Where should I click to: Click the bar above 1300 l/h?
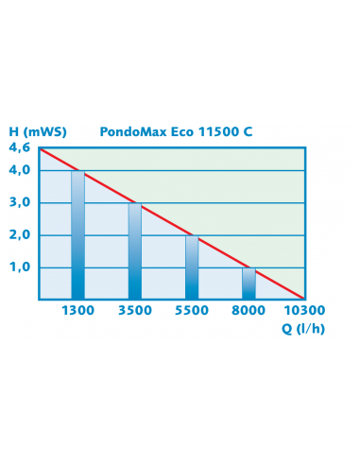click(x=77, y=234)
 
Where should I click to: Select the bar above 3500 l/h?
click(x=134, y=250)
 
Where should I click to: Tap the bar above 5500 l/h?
click(x=192, y=267)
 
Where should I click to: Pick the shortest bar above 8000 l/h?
click(x=249, y=283)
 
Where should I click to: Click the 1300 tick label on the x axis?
click(x=77, y=311)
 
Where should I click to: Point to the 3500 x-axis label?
click(x=134, y=311)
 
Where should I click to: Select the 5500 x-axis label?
click(x=192, y=311)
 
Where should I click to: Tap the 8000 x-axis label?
click(x=249, y=311)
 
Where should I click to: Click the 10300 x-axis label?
click(x=305, y=311)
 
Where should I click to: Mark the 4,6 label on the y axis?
click(x=19, y=147)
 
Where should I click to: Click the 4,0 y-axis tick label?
click(x=20, y=170)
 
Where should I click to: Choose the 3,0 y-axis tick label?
click(x=20, y=202)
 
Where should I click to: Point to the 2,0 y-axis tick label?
click(x=20, y=234)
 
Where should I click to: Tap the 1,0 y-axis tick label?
click(x=20, y=267)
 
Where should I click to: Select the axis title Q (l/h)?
click(x=303, y=328)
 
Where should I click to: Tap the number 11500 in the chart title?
click(x=217, y=131)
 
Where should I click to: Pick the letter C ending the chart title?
click(x=248, y=131)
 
